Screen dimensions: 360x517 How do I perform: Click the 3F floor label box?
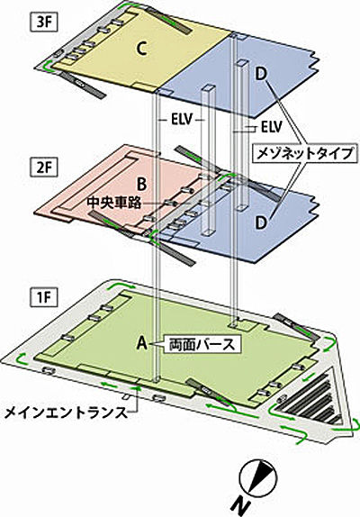(x=43, y=23)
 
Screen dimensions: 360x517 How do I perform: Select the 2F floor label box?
(x=43, y=168)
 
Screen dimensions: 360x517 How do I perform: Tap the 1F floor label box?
(x=43, y=298)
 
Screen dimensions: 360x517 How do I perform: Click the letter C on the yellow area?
(x=141, y=50)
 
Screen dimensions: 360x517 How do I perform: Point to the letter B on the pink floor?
(x=142, y=185)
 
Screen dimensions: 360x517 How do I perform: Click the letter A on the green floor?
(x=142, y=343)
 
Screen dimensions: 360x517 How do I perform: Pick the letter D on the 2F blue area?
(x=261, y=222)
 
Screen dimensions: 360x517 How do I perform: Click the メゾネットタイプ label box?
(x=305, y=153)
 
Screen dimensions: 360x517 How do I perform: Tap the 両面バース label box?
(x=202, y=345)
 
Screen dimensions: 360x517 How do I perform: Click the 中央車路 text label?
(x=114, y=204)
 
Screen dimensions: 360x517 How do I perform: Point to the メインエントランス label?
(x=66, y=413)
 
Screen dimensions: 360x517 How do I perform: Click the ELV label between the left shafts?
(x=181, y=120)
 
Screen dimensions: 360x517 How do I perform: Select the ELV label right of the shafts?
(x=272, y=126)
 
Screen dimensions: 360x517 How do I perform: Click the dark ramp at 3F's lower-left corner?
(x=81, y=85)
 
